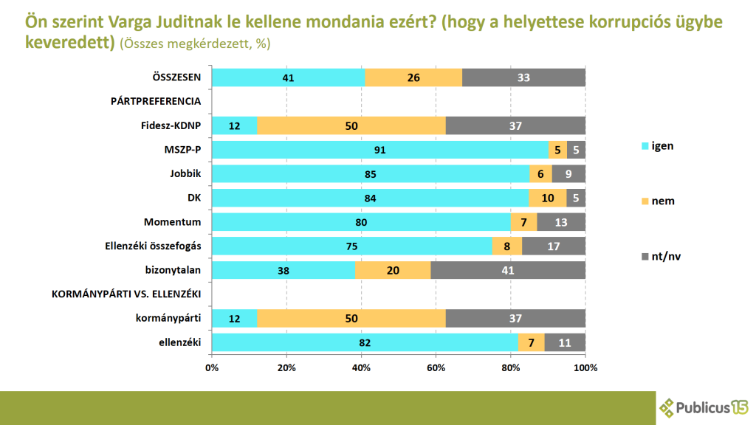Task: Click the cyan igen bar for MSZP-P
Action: click(x=380, y=150)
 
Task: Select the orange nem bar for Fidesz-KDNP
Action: click(x=351, y=125)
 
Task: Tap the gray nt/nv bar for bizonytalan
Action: click(x=508, y=270)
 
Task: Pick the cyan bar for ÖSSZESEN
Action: click(x=288, y=77)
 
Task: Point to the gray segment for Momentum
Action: click(x=561, y=222)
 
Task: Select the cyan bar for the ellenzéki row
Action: click(x=365, y=342)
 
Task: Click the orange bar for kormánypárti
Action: click(x=351, y=318)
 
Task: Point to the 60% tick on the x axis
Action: click(x=436, y=367)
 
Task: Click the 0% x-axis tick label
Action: click(x=212, y=367)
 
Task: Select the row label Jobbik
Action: click(x=187, y=174)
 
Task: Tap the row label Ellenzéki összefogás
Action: click(x=154, y=246)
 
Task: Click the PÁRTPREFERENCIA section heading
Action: click(x=157, y=102)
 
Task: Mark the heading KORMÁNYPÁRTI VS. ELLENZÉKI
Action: click(x=126, y=294)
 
